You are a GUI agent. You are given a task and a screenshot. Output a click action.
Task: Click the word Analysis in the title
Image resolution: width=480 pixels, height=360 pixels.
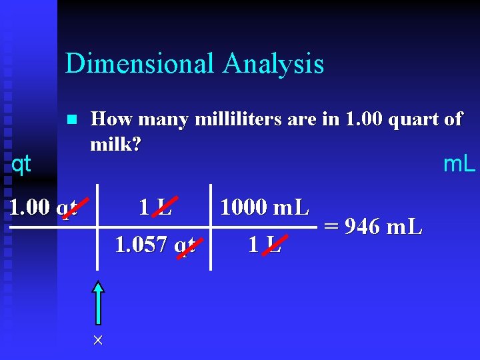tap(274, 64)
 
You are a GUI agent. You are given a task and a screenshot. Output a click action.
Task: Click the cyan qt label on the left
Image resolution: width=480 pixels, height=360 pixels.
tap(21, 164)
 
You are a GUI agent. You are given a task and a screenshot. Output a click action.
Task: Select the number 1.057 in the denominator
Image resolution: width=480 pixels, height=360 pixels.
tap(141, 245)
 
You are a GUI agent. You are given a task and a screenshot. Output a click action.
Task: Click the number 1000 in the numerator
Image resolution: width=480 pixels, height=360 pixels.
tap(243, 207)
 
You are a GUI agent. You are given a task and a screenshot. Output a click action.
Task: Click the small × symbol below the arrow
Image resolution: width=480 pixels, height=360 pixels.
tap(98, 341)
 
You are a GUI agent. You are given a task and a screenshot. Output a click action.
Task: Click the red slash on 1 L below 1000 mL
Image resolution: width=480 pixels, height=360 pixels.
tap(272, 245)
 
